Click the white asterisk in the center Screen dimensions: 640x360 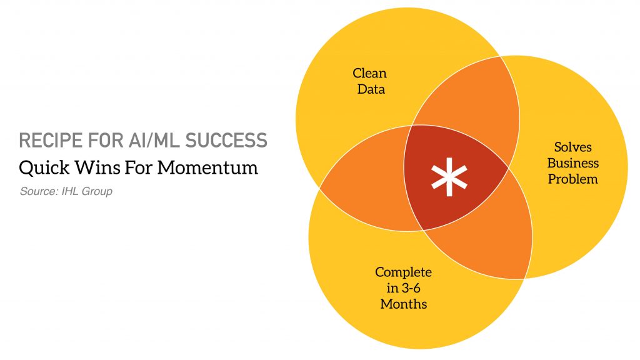(x=449, y=177)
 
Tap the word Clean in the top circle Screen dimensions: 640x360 (x=369, y=73)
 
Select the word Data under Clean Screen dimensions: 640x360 (x=371, y=89)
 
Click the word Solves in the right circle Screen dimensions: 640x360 (x=572, y=147)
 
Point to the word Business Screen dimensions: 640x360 (x=572, y=163)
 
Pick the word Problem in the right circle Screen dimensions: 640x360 (x=572, y=179)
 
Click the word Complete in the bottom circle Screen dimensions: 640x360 (x=403, y=272)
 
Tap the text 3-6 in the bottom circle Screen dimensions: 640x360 (x=410, y=288)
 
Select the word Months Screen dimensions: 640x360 (x=404, y=304)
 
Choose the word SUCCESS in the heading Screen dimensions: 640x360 (x=226, y=141)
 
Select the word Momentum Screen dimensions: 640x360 (x=207, y=167)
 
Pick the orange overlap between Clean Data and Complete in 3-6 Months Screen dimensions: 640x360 (x=367, y=179)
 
